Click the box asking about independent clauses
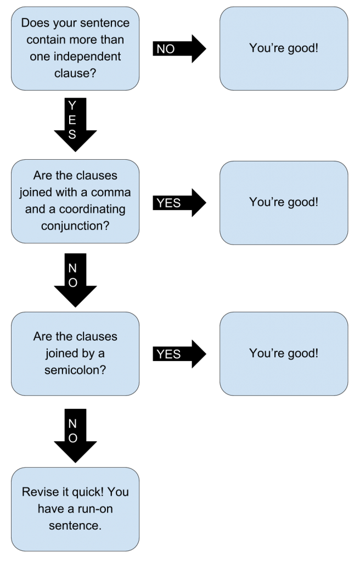click(75, 48)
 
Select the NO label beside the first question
click(166, 49)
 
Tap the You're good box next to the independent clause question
click(283, 48)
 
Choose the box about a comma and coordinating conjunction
click(75, 201)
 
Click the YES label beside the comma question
click(168, 203)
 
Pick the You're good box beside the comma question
click(283, 201)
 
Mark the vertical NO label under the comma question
click(72, 276)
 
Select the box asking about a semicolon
click(75, 353)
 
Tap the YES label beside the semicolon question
click(168, 355)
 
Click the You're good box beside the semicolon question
click(283, 353)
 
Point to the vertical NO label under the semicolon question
click(72, 431)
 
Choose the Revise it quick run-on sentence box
click(75, 509)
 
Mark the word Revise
click(39, 492)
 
